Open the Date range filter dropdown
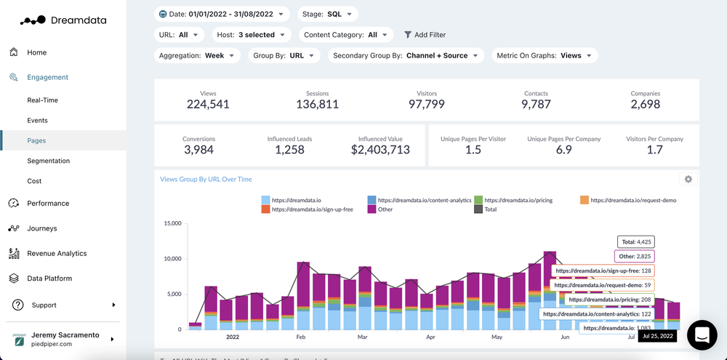(x=222, y=14)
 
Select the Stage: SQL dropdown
(x=328, y=14)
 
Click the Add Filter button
(x=425, y=35)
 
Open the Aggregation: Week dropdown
(x=198, y=55)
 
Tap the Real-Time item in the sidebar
(x=42, y=100)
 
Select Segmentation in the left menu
(x=49, y=161)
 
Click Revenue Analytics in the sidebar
(x=57, y=254)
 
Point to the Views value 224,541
(x=208, y=105)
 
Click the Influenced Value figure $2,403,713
(x=380, y=151)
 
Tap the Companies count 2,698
(x=645, y=105)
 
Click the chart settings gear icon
(x=688, y=179)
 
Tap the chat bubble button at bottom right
(x=702, y=335)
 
